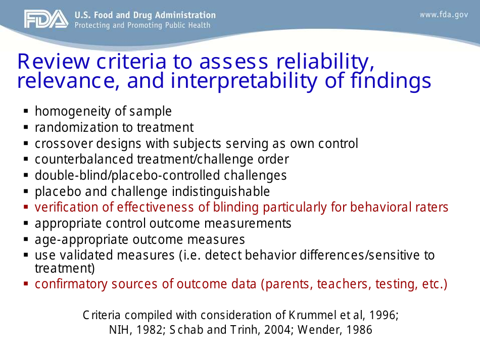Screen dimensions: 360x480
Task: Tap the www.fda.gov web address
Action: (x=444, y=15)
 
